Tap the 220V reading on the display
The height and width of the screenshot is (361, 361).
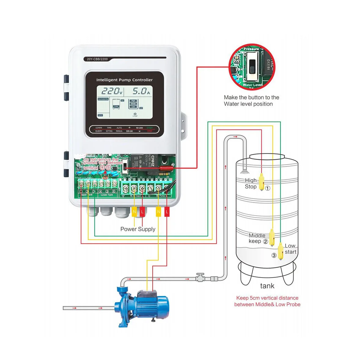click(112, 91)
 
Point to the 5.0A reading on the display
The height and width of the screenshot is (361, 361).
click(141, 91)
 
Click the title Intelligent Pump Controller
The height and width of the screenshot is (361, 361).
click(124, 80)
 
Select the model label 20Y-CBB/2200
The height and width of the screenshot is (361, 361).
click(97, 59)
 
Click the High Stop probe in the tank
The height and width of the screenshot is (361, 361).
click(262, 182)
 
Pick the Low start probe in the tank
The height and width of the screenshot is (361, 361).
click(280, 251)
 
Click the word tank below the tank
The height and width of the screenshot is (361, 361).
click(267, 286)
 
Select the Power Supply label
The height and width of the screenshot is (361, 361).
click(138, 229)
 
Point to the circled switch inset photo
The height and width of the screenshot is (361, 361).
click(252, 67)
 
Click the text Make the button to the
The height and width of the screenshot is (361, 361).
click(251, 97)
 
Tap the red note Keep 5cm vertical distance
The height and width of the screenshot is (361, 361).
click(267, 298)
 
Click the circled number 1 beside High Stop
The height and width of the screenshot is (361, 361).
click(267, 188)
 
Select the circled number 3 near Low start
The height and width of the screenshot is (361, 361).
click(274, 255)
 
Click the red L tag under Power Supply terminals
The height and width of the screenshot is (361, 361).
click(142, 212)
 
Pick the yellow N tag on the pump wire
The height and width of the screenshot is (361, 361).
click(158, 212)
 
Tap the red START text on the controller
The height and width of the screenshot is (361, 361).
click(149, 128)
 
